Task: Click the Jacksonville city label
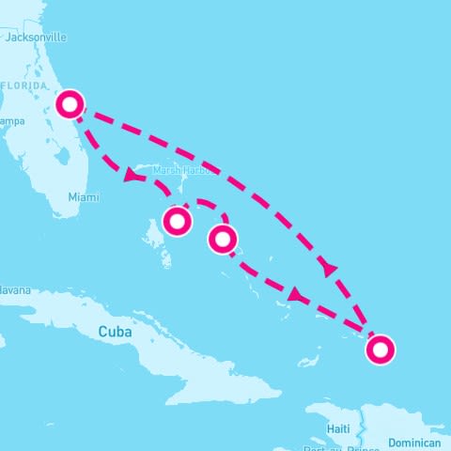[x=36, y=38]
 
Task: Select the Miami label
[x=83, y=197]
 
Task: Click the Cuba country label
[x=116, y=332]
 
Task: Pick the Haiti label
[x=338, y=428]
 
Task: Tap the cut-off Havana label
[x=14, y=290]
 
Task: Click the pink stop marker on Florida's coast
[x=70, y=103]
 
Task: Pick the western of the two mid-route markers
[x=177, y=221]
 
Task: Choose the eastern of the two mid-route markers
[x=222, y=240]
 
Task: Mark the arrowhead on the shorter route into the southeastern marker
[x=294, y=296]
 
